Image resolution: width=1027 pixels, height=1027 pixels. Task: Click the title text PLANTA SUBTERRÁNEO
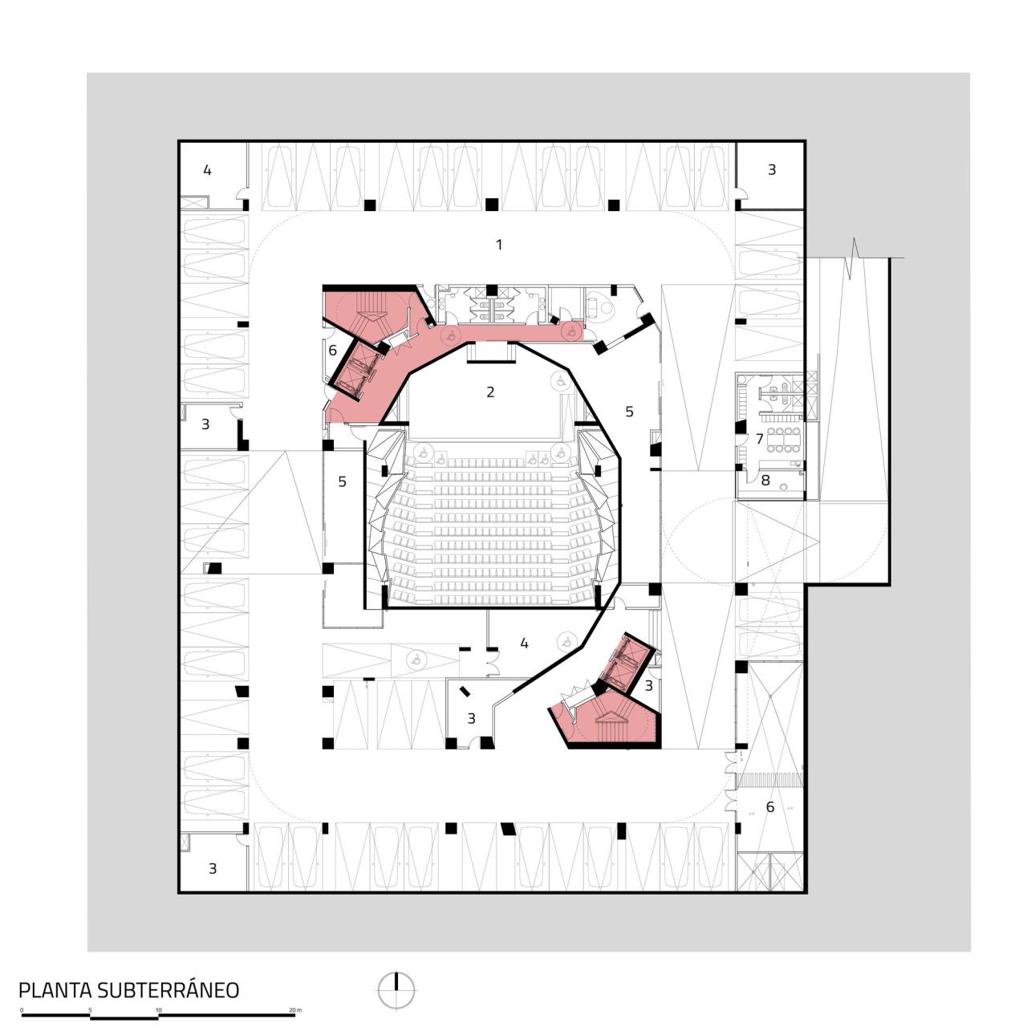click(x=128, y=989)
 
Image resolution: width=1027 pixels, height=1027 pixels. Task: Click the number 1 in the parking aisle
click(x=499, y=244)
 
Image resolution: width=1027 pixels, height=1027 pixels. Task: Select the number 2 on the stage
click(x=490, y=392)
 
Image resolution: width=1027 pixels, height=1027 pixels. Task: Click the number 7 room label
click(x=759, y=439)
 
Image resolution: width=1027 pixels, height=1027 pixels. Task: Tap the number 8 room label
click(x=765, y=480)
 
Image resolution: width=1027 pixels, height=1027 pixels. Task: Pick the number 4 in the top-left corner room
click(x=207, y=170)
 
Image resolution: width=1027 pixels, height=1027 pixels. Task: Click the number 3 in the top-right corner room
click(x=772, y=170)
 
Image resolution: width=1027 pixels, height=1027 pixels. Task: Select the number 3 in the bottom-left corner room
click(x=213, y=868)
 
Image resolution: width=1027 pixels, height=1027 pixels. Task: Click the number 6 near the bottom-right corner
click(x=770, y=806)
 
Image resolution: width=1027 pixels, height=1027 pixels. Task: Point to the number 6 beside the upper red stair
click(x=332, y=350)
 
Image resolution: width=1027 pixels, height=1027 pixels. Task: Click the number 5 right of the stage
click(x=629, y=411)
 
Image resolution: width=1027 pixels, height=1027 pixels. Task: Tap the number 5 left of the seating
click(x=342, y=481)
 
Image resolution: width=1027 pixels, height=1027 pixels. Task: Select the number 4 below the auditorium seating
click(x=524, y=643)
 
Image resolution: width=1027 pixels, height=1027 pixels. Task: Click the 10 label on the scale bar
click(x=159, y=1009)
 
